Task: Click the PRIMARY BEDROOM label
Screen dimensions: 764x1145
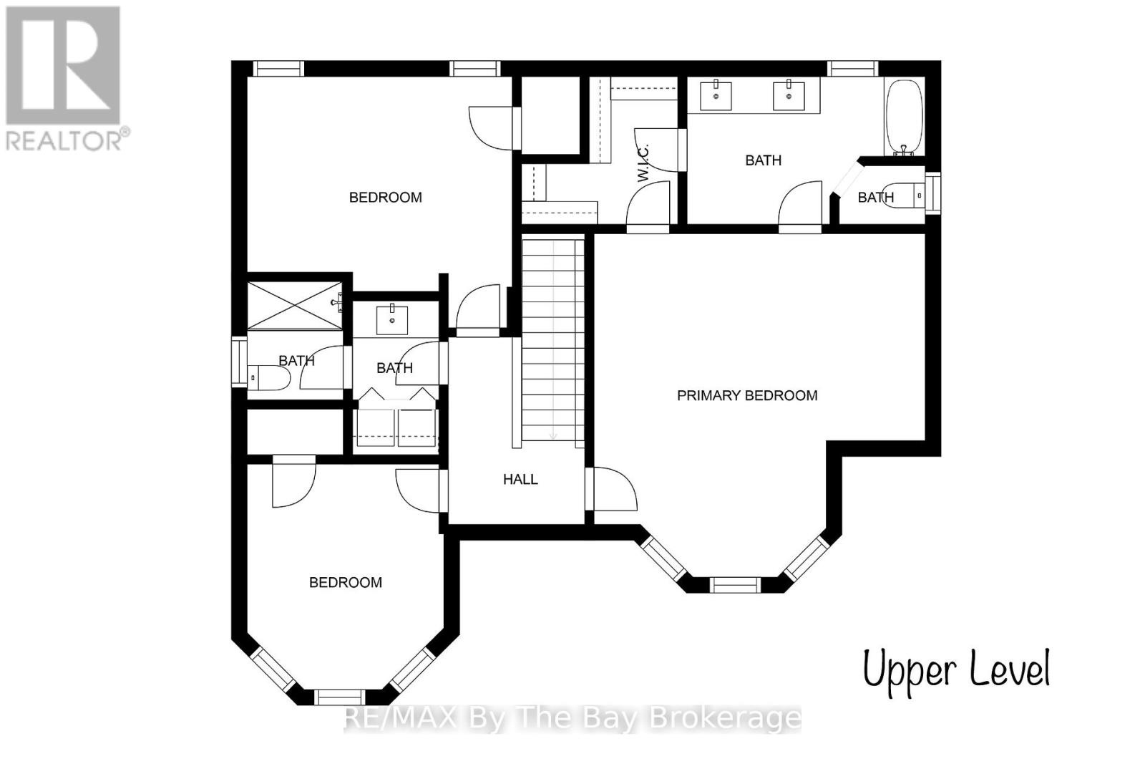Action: pyautogui.click(x=746, y=395)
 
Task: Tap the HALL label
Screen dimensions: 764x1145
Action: pyautogui.click(x=520, y=479)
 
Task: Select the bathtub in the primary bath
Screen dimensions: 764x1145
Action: pyautogui.click(x=905, y=116)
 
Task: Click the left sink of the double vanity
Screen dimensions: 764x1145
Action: pyautogui.click(x=716, y=96)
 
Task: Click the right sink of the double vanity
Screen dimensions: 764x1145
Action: pyautogui.click(x=789, y=96)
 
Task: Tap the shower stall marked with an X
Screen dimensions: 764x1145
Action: pyautogui.click(x=294, y=306)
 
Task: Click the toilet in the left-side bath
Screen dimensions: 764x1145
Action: pyautogui.click(x=267, y=377)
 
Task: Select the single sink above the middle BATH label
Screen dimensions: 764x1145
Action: pyautogui.click(x=392, y=320)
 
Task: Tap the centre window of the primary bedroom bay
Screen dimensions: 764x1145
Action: pyautogui.click(x=735, y=584)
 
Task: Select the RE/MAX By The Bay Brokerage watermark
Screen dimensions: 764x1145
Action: pyautogui.click(x=572, y=717)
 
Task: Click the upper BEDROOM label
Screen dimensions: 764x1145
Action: pyautogui.click(x=385, y=198)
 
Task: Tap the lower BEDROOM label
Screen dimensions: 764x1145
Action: pyautogui.click(x=345, y=583)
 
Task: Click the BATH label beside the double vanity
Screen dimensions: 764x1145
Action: pyautogui.click(x=763, y=160)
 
